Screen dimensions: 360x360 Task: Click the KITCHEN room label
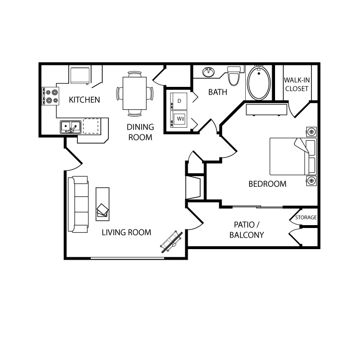tap(84, 100)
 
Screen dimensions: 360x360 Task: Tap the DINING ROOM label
tap(140, 132)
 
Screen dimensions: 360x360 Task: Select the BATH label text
tap(217, 92)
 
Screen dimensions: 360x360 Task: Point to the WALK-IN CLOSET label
tap(297, 84)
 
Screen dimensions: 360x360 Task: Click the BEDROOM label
tap(267, 184)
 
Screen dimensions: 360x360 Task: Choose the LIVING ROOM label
tap(127, 232)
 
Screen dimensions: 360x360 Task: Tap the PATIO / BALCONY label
tap(247, 229)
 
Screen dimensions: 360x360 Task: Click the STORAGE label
tap(306, 217)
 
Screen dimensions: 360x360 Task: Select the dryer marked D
tap(179, 101)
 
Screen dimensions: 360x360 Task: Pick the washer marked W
tap(179, 119)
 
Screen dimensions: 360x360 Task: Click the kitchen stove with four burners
tap(50, 96)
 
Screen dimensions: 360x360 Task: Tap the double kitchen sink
tap(71, 127)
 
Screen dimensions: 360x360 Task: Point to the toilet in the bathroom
tap(234, 76)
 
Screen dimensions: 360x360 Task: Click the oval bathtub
tap(259, 83)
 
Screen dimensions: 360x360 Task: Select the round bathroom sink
tap(208, 72)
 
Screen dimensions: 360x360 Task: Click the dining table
tap(134, 93)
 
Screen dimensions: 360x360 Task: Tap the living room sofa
tap(78, 204)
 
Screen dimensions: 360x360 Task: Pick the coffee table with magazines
tap(102, 204)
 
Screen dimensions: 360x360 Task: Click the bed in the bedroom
tap(293, 156)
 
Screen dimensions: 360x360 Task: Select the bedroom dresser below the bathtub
tap(266, 110)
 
